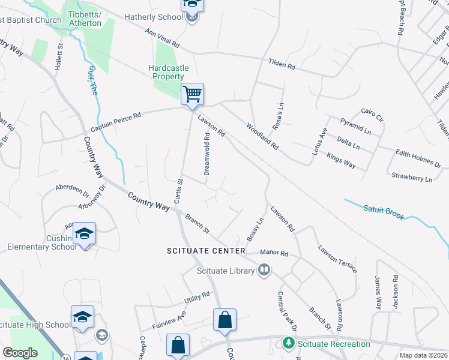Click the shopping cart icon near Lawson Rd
point(192,94)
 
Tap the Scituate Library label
point(226,271)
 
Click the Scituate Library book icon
point(264,271)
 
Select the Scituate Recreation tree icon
point(288,344)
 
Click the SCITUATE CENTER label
point(206,251)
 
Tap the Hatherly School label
point(154,17)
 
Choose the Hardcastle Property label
point(166,72)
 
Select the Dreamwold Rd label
point(206,154)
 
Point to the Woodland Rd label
point(262,136)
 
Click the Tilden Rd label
point(282,62)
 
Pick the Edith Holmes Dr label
point(418,158)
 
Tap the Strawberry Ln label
point(411,178)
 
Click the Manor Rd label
point(276,254)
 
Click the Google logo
point(20,352)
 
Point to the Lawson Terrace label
point(337,259)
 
